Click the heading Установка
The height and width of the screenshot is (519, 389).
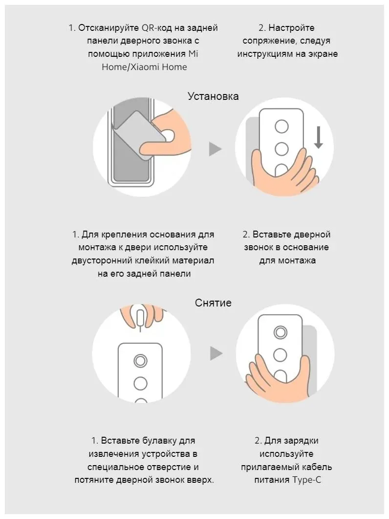[x=213, y=96]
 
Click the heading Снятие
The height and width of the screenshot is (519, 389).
[x=213, y=303]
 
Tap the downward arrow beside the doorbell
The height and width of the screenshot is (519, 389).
[x=318, y=138]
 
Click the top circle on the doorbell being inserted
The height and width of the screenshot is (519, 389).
[x=281, y=126]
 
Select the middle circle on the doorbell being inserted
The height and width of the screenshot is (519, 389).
[x=281, y=148]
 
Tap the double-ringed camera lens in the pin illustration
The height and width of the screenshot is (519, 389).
[x=141, y=361]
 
